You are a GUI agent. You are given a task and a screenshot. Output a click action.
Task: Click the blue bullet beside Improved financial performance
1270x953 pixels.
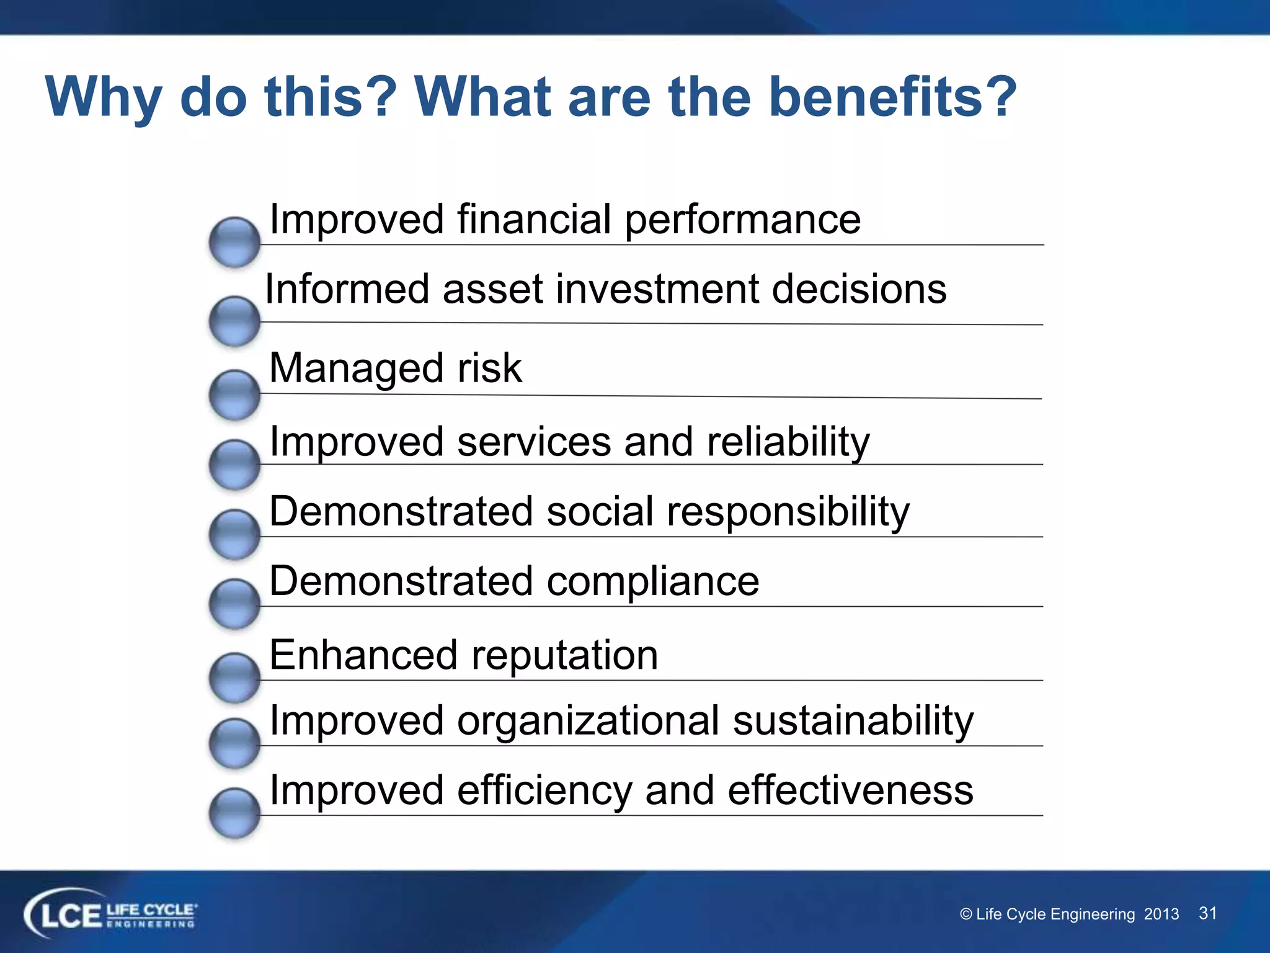(x=234, y=242)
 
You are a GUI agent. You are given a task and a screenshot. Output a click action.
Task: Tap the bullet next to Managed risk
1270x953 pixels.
(x=234, y=395)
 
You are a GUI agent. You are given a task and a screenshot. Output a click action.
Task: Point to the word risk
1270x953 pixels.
(x=489, y=368)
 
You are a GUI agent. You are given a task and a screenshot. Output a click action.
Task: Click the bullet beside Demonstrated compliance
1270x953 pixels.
(x=234, y=604)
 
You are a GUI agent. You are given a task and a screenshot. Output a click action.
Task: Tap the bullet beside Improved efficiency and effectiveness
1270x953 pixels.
(x=234, y=813)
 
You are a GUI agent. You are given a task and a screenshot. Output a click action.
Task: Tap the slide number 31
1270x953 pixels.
(x=1207, y=913)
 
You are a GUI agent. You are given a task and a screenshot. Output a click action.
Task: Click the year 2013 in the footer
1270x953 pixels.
(x=1161, y=915)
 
